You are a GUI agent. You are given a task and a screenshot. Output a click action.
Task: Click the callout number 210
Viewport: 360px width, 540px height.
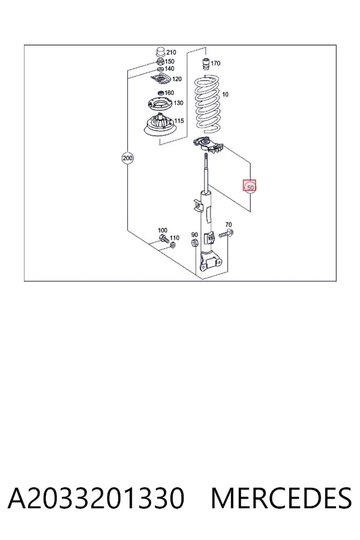coord(171,52)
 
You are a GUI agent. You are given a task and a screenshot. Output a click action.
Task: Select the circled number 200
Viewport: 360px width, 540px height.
coord(127,158)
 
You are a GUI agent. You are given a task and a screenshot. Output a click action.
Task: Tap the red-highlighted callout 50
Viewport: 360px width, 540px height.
coord(250,187)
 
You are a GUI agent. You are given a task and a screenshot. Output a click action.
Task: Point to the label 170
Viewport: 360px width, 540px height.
coord(215,64)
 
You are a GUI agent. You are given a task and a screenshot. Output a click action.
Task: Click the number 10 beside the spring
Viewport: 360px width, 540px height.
coord(226,94)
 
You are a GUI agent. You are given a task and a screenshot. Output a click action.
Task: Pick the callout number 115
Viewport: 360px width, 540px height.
coord(179,121)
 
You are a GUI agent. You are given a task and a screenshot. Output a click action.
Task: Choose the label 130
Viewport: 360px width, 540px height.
coord(178,103)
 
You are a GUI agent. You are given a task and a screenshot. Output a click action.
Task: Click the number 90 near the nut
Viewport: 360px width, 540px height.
coord(194,235)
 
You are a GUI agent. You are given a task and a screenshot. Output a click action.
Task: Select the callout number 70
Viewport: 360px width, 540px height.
coord(229,225)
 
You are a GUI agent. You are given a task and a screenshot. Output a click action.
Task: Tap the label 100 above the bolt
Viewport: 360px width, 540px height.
coord(163,230)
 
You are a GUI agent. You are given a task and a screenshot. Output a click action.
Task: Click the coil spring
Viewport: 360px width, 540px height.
coord(206,104)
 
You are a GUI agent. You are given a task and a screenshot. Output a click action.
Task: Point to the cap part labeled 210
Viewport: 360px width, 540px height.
coord(160,52)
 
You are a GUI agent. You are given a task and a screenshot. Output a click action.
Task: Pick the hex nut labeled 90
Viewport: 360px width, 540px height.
coord(194,243)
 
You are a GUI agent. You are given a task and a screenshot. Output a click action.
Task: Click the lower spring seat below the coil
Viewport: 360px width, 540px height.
coord(208,146)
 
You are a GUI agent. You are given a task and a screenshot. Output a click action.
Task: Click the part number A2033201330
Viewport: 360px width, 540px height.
coord(96,498)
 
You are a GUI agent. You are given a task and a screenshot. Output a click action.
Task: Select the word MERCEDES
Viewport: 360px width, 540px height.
coord(281,498)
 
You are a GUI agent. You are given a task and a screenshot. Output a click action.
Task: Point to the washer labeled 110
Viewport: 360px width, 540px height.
coord(173,245)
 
